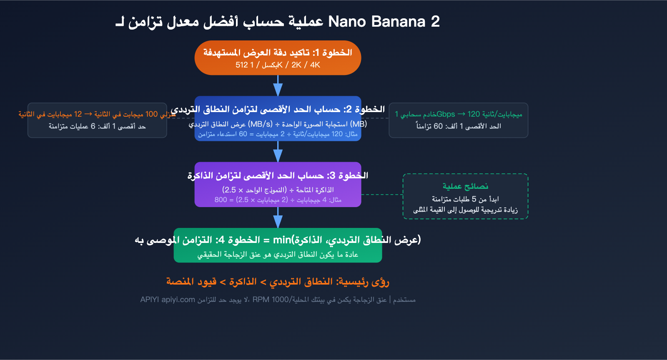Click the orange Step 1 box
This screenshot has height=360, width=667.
(278, 57)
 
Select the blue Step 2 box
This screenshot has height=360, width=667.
(278, 119)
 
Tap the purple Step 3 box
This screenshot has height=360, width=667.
(278, 185)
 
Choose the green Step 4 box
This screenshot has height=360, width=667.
(278, 245)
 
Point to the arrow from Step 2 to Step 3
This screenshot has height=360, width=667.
(278, 152)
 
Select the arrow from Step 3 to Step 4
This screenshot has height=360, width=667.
(278, 217)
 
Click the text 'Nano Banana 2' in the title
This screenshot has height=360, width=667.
(384, 22)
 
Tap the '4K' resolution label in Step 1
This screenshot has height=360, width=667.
(315, 65)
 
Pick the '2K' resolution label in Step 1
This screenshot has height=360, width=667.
(296, 65)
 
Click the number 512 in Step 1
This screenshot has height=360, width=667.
(241, 65)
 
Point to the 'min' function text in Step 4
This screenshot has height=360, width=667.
(282, 240)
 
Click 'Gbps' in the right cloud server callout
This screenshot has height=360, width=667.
(446, 114)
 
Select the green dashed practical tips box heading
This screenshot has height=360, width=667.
(465, 186)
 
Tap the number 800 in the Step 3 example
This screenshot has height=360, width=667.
(221, 200)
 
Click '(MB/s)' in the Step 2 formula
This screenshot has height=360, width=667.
(260, 124)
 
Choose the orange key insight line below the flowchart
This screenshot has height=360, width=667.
(278, 282)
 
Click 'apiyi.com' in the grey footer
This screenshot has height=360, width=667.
(178, 300)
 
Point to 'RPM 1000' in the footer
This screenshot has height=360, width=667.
(271, 300)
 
